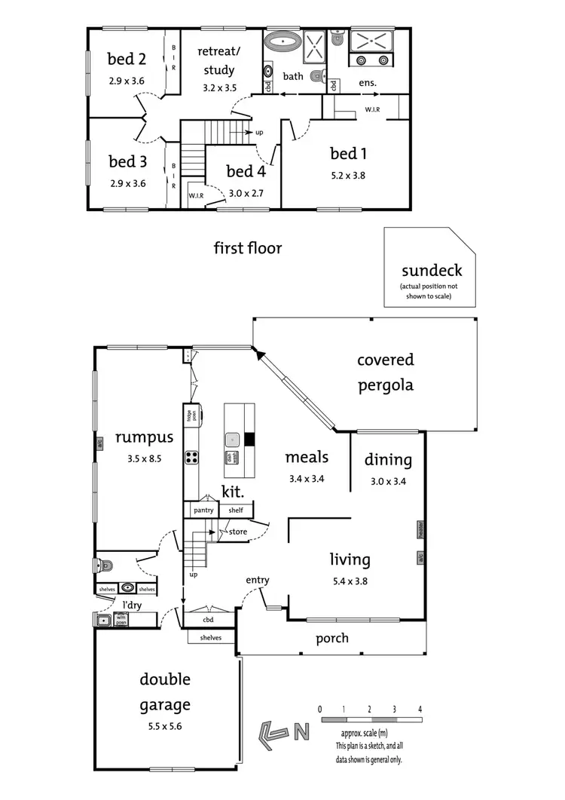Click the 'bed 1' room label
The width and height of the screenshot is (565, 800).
[348, 154]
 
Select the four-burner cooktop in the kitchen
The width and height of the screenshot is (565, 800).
[191, 456]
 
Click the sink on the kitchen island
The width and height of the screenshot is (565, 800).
[234, 437]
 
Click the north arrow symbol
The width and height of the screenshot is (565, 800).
[276, 730]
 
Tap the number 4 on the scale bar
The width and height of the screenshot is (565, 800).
[420, 710]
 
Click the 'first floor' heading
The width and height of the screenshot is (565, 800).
[247, 247]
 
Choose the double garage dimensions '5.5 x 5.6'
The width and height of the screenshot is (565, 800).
[164, 726]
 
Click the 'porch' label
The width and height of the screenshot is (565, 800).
[332, 638]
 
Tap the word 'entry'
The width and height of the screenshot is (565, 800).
[257, 579]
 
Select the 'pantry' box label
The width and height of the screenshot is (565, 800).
[203, 510]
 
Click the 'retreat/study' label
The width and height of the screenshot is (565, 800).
[218, 60]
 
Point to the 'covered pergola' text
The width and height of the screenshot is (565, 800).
[386, 372]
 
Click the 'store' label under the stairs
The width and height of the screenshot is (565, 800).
[238, 532]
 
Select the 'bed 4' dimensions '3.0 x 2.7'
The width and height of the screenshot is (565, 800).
[245, 193]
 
